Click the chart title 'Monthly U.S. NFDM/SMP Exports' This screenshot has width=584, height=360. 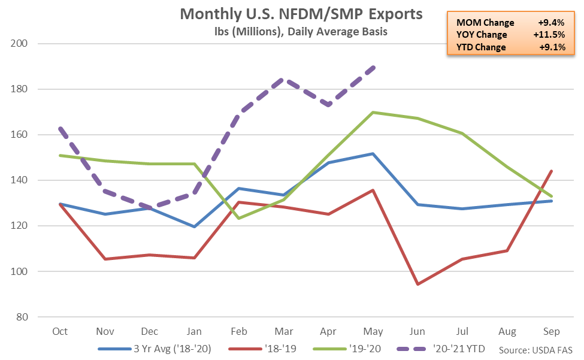tap(301, 14)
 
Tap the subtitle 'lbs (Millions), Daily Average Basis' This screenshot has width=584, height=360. tap(301, 32)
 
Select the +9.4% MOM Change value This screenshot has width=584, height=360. tap(551, 23)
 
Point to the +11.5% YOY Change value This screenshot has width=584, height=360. tap(549, 35)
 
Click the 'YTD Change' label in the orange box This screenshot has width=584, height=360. tap(481, 47)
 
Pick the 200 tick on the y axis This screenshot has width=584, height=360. tap(19, 43)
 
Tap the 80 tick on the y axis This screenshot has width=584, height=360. tap(22, 317)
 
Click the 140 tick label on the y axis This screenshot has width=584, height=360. tap(19, 180)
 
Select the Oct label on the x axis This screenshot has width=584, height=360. tap(60, 331)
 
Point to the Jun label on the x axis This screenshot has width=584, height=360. tap(417, 331)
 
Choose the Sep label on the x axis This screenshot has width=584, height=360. tap(551, 331)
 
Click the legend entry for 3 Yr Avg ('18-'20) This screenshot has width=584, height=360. tap(155, 349)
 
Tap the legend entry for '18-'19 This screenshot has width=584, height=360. tap(262, 349)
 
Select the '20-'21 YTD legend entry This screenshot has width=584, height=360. tap(441, 349)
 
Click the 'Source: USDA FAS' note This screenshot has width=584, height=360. tap(535, 350)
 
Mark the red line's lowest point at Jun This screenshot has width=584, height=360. tap(417, 284)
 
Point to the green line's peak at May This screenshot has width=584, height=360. tap(373, 112)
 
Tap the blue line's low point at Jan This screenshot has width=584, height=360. tap(194, 226)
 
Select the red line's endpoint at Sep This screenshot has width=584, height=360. tap(551, 171)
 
